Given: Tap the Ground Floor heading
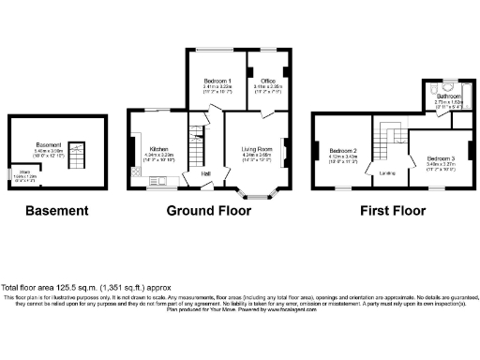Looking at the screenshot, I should tap(209, 211).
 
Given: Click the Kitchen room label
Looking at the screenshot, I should tap(158, 148).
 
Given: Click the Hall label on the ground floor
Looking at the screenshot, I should tap(205, 172).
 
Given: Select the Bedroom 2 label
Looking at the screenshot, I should tap(343, 150).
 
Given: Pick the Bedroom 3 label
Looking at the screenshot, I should tap(440, 158).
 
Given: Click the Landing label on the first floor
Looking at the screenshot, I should tap(386, 173).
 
